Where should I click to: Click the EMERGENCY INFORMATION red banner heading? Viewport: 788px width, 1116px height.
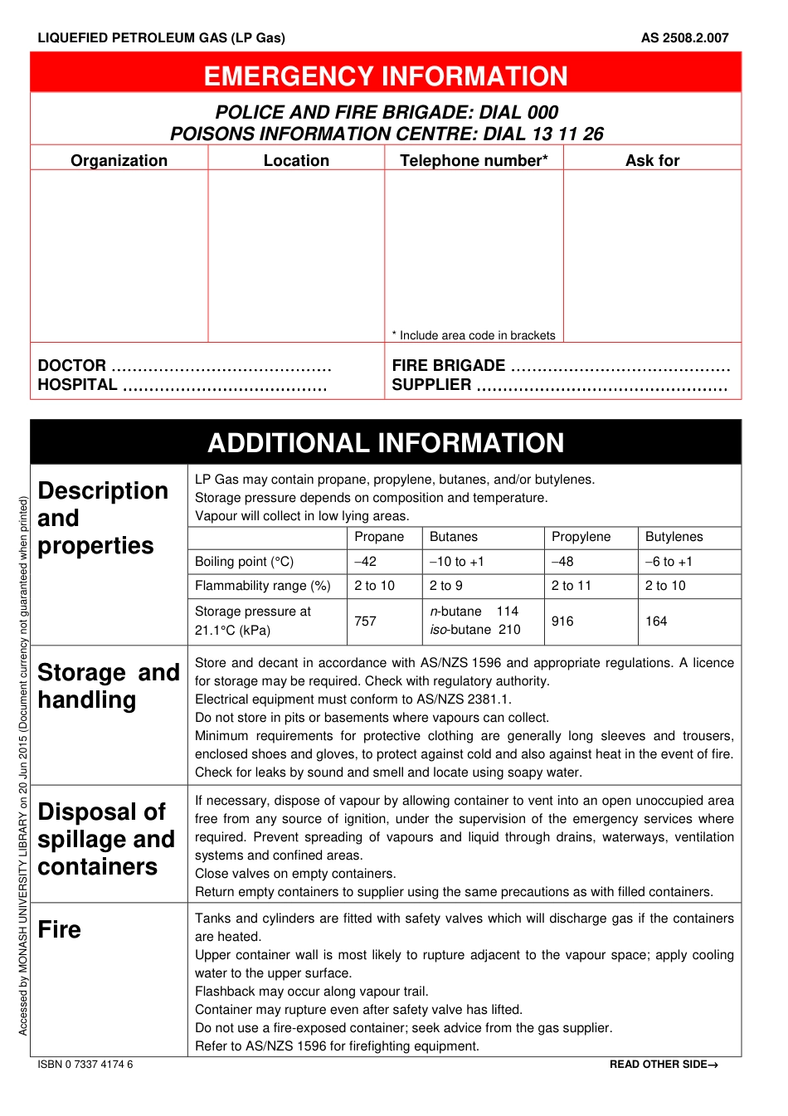pyautogui.click(x=386, y=76)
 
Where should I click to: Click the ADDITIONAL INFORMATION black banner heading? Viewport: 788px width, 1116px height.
pyautogui.click(x=386, y=443)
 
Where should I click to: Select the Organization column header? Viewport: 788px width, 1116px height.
pyautogui.click(x=119, y=161)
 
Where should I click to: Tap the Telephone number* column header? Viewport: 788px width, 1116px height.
pyautogui.click(x=474, y=161)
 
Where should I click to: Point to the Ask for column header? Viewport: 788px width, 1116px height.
pyautogui.click(x=652, y=161)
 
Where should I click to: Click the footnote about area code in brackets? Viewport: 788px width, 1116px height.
pyautogui.click(x=474, y=335)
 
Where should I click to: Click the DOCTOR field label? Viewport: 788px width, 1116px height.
pyautogui.click(x=72, y=365)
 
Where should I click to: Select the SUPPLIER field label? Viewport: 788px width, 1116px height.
pyautogui.click(x=431, y=384)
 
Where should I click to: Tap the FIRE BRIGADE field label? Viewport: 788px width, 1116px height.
pyautogui.click(x=448, y=365)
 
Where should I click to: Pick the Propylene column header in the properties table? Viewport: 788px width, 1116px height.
pyautogui.click(x=581, y=537)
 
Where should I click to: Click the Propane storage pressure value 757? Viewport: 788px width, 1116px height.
pyautogui.click(x=365, y=621)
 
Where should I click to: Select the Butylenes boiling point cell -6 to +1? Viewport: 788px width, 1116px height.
pyautogui.click(x=669, y=562)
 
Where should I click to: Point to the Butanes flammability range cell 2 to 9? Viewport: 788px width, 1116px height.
pyautogui.click(x=445, y=586)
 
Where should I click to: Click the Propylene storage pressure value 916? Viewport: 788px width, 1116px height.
pyautogui.click(x=562, y=621)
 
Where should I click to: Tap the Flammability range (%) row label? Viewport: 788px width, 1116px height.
pyautogui.click(x=262, y=586)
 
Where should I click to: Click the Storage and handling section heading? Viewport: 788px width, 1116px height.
pyautogui.click(x=108, y=685)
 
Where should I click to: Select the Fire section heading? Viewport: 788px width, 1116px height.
pyautogui.click(x=60, y=929)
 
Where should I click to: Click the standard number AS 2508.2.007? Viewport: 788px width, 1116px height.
pyautogui.click(x=684, y=37)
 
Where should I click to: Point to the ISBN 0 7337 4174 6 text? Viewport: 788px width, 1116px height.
pyautogui.click(x=85, y=1064)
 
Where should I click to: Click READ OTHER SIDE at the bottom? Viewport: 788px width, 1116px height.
pyautogui.click(x=663, y=1065)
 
